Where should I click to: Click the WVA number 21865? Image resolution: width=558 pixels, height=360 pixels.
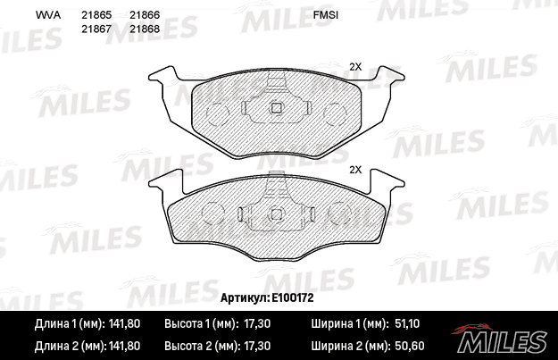[x=96, y=15]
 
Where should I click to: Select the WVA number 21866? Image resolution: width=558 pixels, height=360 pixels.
[x=145, y=15]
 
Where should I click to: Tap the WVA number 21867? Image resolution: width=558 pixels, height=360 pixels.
[x=96, y=29]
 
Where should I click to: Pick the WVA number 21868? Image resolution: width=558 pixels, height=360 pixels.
[x=145, y=29]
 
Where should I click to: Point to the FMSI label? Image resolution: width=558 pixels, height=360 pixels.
[x=326, y=15]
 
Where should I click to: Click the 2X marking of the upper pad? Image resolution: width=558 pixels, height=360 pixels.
[x=355, y=67]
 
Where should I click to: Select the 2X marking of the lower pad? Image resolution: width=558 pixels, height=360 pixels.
[x=355, y=170]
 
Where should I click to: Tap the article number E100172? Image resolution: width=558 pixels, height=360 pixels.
[x=293, y=297]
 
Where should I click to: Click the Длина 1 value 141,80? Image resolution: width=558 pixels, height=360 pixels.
[x=124, y=323]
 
